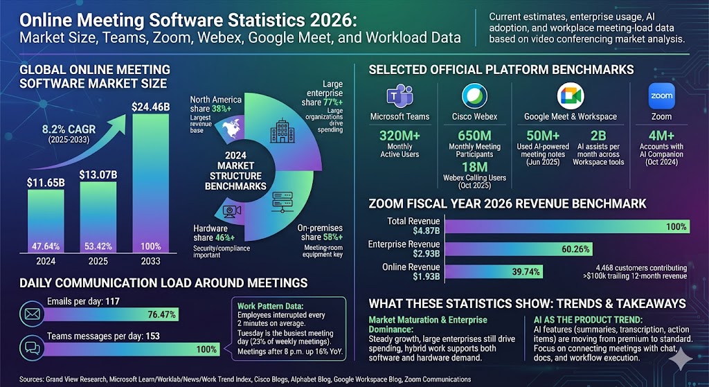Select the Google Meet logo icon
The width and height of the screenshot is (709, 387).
[570, 96]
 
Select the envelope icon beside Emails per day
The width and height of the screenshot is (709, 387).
[32, 314]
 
